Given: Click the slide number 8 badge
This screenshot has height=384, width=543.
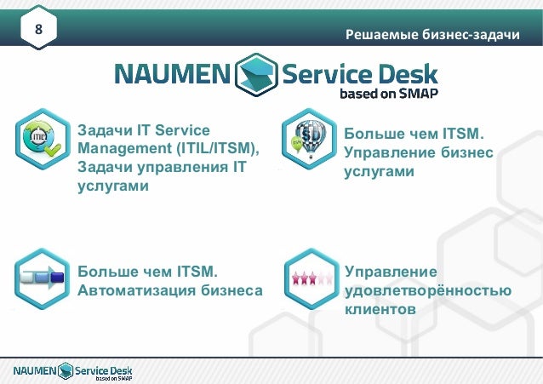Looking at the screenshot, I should click(x=38, y=32).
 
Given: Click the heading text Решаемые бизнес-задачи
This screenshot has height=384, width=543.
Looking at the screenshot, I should click(x=432, y=35).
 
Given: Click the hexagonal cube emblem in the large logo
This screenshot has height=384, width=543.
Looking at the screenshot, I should click(x=254, y=74).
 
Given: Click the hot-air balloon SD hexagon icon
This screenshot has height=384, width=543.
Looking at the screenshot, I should click(x=309, y=140).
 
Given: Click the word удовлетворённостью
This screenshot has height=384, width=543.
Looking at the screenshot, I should click(x=428, y=290).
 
